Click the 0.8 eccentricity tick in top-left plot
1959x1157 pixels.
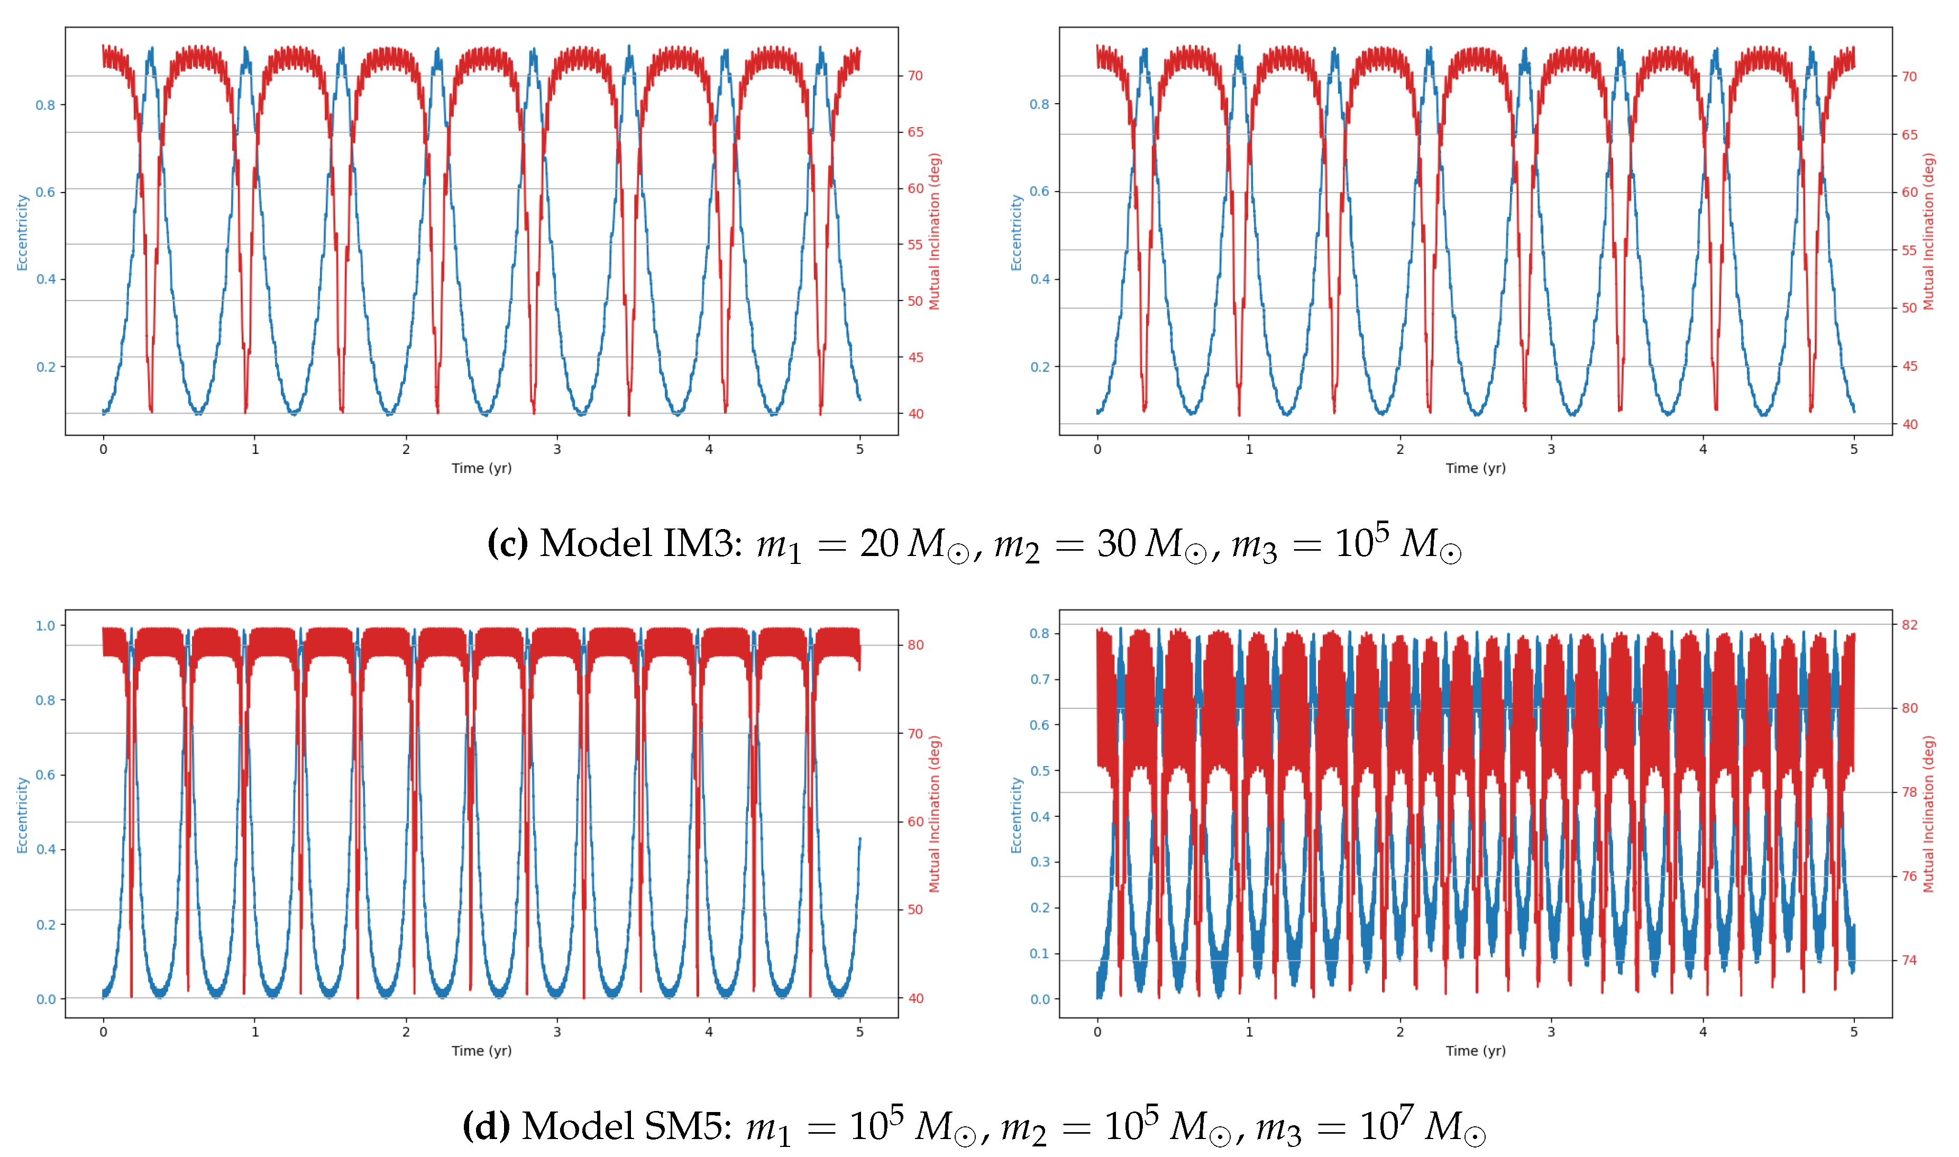(x=44, y=105)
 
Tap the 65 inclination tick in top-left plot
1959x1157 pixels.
(x=915, y=132)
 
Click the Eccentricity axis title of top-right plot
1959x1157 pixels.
(x=1016, y=232)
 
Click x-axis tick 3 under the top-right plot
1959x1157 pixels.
(x=1551, y=449)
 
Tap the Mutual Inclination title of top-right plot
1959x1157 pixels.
(x=1929, y=232)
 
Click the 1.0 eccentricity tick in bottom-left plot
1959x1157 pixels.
(x=45, y=625)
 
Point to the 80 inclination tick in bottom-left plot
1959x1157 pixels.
(x=915, y=645)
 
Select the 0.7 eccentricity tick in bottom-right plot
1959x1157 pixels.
(x=1039, y=679)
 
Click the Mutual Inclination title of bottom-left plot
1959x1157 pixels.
(x=935, y=814)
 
